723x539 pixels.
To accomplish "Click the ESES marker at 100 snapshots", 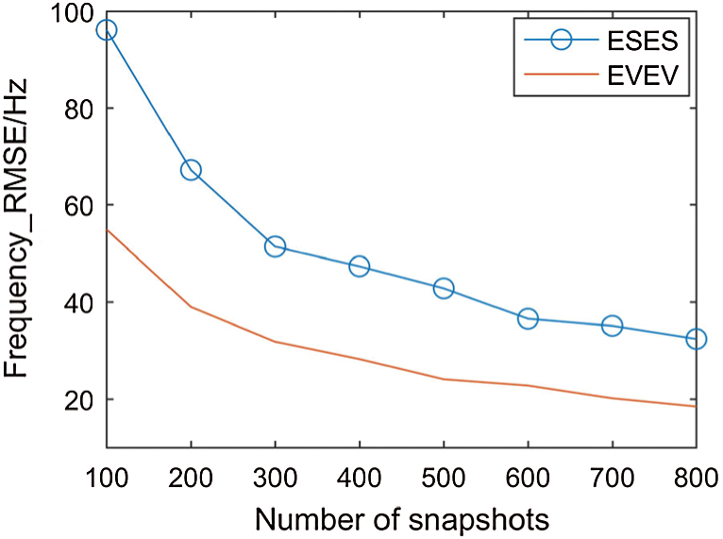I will pyautogui.click(x=107, y=30).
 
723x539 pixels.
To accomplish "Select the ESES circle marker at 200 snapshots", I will pyautogui.click(x=191, y=170).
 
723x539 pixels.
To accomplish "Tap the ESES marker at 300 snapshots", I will pyautogui.click(x=275, y=246).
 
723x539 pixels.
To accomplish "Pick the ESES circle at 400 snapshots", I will pyautogui.click(x=359, y=266).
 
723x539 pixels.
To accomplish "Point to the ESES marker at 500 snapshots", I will pyautogui.click(x=444, y=288).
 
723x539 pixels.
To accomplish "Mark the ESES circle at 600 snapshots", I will pyautogui.click(x=528, y=319).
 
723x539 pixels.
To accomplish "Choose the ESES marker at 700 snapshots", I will pyautogui.click(x=612, y=326).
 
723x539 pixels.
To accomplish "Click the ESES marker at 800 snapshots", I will pyautogui.click(x=696, y=339).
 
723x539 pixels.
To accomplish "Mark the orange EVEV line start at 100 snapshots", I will pyautogui.click(x=107, y=229).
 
